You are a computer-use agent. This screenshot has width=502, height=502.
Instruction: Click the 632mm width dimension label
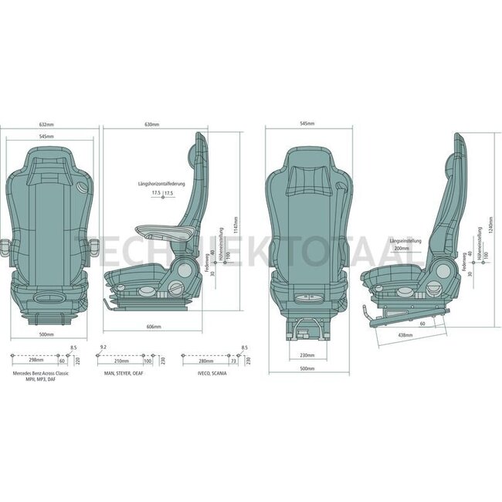click(46, 124)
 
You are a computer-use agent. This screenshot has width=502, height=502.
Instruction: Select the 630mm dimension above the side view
click(152, 124)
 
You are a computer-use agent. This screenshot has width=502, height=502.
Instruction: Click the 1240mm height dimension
click(492, 226)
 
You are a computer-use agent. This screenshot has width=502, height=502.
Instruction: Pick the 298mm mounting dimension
click(34, 360)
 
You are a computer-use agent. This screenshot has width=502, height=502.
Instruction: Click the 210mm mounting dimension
click(121, 360)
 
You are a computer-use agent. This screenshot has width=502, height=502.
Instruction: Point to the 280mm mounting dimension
click(205, 360)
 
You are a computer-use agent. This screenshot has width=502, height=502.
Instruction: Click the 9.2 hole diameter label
click(103, 348)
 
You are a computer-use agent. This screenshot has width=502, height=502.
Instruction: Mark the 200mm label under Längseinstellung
click(401, 249)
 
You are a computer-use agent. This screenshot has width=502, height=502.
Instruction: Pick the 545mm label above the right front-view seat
click(307, 124)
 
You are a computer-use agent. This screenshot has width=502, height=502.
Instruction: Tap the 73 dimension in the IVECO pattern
click(233, 360)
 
